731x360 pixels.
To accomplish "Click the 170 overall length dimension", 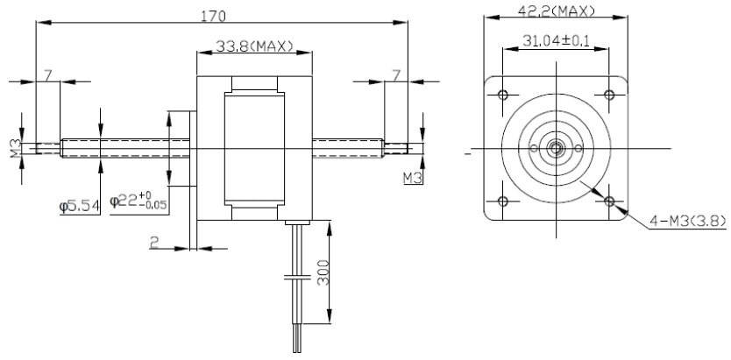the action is click(213, 17).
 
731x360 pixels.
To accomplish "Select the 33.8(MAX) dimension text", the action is click(254, 46).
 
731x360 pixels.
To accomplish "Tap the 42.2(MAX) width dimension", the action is click(557, 11).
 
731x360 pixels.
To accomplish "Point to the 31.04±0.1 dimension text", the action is click(556, 41).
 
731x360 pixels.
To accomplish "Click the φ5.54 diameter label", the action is click(79, 206).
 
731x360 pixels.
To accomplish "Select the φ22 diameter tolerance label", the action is click(138, 201).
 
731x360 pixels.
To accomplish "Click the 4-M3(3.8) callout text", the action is click(688, 222).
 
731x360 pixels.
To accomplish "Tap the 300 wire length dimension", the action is click(323, 272).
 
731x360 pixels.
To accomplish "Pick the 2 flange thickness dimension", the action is click(153, 242).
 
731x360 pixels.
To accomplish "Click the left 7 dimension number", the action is click(47, 75).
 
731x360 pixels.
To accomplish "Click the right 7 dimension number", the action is click(396, 75).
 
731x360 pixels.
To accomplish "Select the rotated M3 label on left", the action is click(16, 148).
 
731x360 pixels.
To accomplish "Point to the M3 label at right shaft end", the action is click(413, 178).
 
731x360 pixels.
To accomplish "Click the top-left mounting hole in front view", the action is click(502, 95).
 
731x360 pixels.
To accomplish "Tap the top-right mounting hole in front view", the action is click(609, 95).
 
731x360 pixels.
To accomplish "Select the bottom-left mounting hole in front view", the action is click(502, 201).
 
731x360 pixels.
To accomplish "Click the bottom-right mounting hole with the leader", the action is click(609, 201).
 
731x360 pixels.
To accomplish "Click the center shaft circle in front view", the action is click(556, 148).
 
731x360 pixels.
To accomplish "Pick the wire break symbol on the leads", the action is click(297, 278).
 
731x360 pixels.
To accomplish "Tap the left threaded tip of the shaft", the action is click(48, 149).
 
